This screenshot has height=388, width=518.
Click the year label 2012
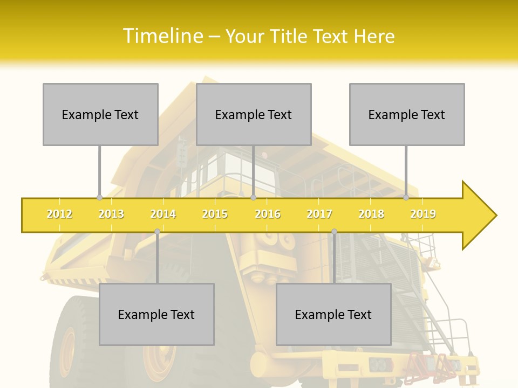point(59,214)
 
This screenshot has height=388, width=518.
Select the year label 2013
point(111,214)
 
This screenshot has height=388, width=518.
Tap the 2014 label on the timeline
point(163,214)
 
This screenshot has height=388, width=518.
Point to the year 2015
point(215,214)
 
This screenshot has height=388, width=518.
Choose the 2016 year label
point(268,214)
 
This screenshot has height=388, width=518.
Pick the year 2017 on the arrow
point(319,214)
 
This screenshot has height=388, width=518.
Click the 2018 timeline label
point(371,214)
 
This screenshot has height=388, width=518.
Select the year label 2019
point(423,214)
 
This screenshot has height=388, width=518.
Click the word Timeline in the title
point(162,36)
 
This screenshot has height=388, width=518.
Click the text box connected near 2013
point(100,114)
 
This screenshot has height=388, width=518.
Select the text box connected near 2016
point(254,114)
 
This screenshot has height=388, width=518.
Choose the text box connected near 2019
point(407,114)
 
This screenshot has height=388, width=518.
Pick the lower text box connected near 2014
point(156,314)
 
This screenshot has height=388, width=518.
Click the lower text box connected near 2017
point(333,314)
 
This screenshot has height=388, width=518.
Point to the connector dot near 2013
point(99,197)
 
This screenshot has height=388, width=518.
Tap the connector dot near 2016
point(253,197)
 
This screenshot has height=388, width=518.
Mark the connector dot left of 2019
point(406,197)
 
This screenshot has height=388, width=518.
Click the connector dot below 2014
point(157,231)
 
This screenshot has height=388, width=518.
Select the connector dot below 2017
point(334,231)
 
